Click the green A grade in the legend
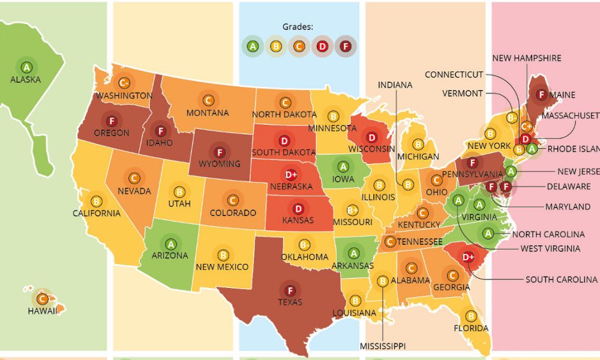(x=253, y=46)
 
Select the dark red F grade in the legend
(x=346, y=46)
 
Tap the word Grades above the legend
(x=298, y=26)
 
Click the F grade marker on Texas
(x=290, y=289)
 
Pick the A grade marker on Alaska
(x=26, y=67)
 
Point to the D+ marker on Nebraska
(x=291, y=175)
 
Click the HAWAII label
(x=42, y=311)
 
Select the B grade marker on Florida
(x=471, y=316)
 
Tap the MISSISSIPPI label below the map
(x=382, y=346)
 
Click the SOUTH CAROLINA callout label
(x=562, y=280)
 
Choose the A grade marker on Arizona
(x=171, y=244)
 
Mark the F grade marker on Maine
(x=541, y=95)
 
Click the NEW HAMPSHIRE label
(x=527, y=58)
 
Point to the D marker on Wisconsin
(x=372, y=137)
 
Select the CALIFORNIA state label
(x=97, y=213)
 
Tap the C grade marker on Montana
(x=208, y=101)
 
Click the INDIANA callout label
(x=395, y=85)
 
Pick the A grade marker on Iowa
(x=343, y=166)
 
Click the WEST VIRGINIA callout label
(x=550, y=248)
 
